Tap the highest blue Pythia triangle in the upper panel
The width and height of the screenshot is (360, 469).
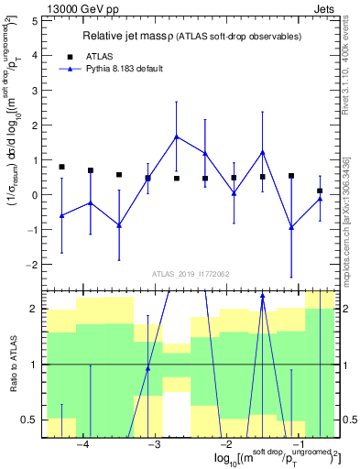[176, 137]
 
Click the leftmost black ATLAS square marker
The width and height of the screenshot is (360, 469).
[61, 167]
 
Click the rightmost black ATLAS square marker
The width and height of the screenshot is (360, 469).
[320, 191]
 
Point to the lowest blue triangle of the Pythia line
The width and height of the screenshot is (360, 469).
[291, 227]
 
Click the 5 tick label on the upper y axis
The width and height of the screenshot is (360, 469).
[35, 21]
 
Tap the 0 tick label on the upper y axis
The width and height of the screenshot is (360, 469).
[35, 195]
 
